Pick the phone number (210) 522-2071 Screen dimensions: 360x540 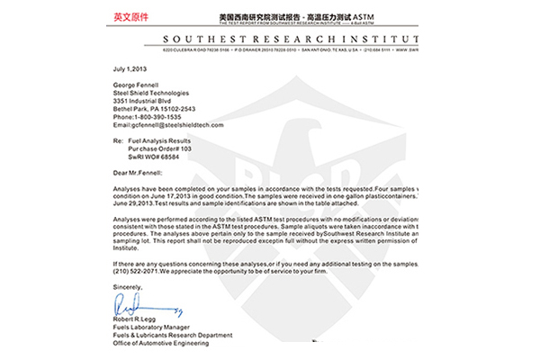tap(135, 269)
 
